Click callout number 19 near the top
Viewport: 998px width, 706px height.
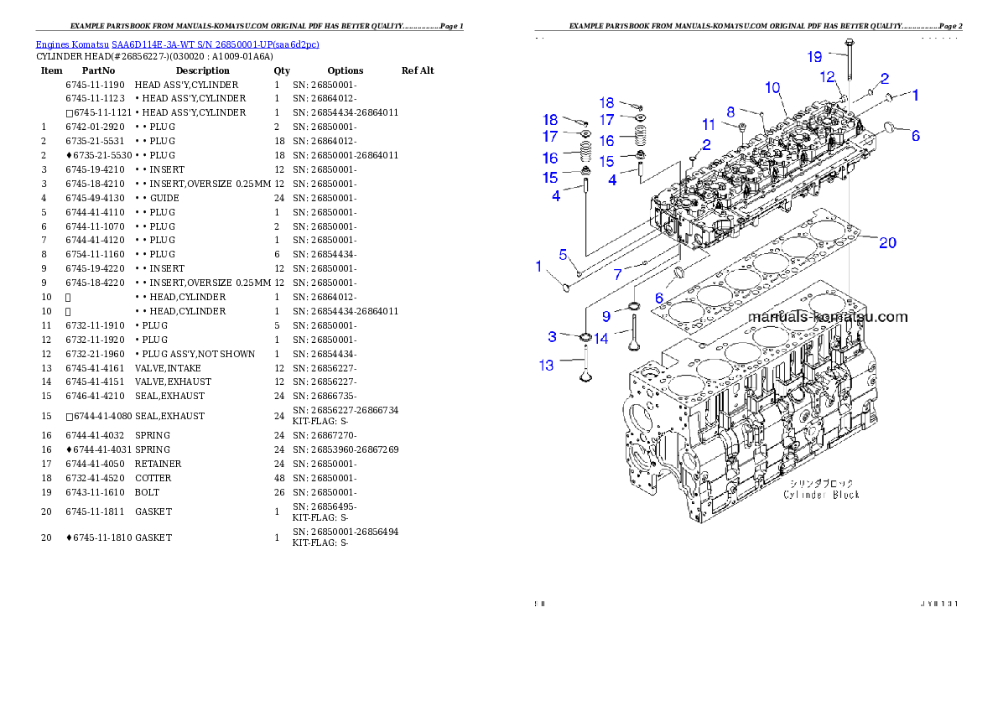pyautogui.click(x=814, y=57)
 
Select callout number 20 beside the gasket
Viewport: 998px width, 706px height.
pyautogui.click(x=887, y=243)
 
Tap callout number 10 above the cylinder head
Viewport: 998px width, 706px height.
pyautogui.click(x=772, y=87)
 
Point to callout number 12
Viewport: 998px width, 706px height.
pyautogui.click(x=828, y=77)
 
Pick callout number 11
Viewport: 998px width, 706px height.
pyautogui.click(x=709, y=125)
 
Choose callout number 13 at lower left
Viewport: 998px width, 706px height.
pyautogui.click(x=546, y=366)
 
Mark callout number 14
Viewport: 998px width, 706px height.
pyautogui.click(x=600, y=339)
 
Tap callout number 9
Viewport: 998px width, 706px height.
pyautogui.click(x=606, y=317)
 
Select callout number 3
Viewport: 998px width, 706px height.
pyautogui.click(x=552, y=337)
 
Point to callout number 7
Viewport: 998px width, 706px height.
pyautogui.click(x=617, y=274)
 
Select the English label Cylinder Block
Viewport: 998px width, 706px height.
pyautogui.click(x=821, y=495)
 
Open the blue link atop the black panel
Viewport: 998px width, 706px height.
pyautogui.click(x=177, y=44)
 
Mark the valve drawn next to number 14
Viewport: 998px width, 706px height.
pyautogui.click(x=635, y=332)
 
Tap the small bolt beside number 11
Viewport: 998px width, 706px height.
pyautogui.click(x=742, y=130)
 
